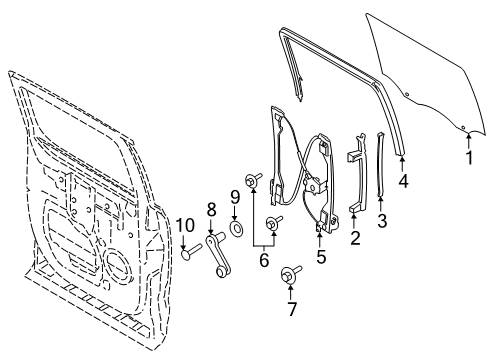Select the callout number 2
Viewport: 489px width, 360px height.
tap(355, 237)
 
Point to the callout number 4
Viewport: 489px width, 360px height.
tap(403, 182)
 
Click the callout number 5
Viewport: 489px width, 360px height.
tap(321, 257)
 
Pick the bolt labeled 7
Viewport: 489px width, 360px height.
tap(288, 273)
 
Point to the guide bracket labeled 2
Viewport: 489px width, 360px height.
tap(355, 180)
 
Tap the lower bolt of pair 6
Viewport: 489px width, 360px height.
tap(272, 222)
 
